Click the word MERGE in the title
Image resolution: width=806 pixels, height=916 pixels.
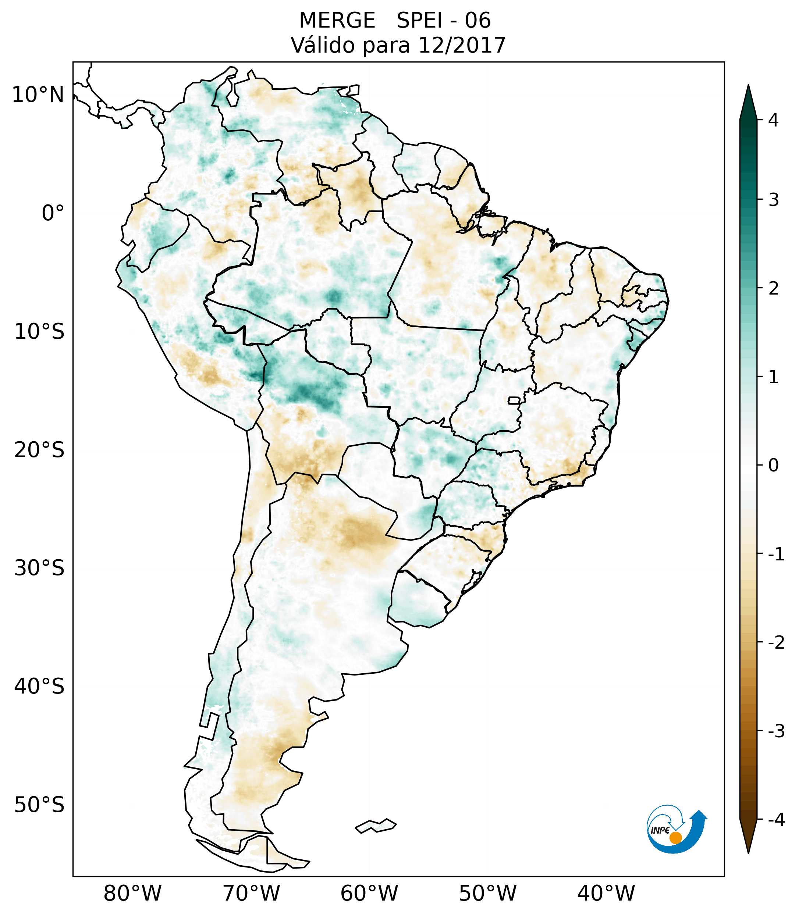337,21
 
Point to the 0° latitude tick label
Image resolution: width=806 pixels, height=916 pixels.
53,213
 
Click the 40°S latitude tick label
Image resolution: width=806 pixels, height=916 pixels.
39,686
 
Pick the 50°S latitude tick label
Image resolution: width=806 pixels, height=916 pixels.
39,805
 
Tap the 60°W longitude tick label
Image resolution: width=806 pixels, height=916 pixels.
369,894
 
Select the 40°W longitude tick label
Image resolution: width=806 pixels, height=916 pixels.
606,894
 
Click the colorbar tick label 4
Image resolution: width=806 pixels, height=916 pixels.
773,120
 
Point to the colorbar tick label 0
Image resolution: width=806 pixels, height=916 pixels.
773,466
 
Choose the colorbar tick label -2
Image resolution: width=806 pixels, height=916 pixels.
776,643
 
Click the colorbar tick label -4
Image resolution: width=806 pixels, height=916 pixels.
776,820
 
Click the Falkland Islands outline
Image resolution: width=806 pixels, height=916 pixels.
376,826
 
